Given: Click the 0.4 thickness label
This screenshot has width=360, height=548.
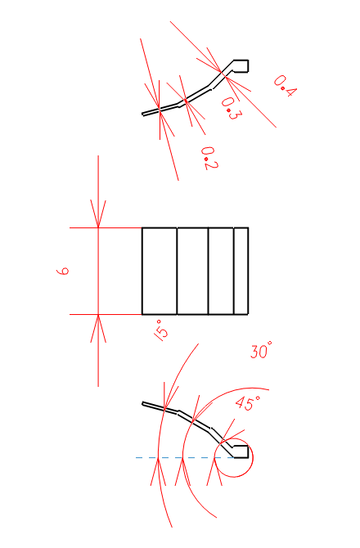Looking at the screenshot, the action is tap(285, 86).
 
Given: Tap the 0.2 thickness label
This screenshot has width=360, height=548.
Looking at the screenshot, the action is tap(209, 159).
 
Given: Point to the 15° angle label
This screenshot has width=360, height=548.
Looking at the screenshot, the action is tap(161, 330).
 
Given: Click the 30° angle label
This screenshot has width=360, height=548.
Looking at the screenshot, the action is tap(261, 350).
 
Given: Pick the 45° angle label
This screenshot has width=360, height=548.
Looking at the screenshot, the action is tap(248, 403).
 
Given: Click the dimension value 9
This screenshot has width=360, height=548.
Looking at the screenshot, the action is tap(63, 272).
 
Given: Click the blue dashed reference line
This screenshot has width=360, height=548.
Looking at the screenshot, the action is tap(185, 457).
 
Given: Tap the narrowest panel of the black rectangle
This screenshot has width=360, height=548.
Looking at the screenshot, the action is tap(241, 272).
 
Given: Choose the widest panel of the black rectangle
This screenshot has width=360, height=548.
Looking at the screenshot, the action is tap(160, 272).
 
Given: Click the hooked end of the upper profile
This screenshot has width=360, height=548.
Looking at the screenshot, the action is tap(241, 66).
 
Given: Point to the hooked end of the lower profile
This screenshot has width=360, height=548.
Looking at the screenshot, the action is tap(241, 451).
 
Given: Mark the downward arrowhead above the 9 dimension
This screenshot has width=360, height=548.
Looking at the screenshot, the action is tap(98, 214).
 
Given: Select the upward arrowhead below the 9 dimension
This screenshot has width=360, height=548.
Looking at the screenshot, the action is tap(98, 329).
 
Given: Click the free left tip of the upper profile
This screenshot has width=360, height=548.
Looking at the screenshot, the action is tap(142, 114).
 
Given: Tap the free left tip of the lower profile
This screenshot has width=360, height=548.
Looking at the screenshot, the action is tap(142, 404).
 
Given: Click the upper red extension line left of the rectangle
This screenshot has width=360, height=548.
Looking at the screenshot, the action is tap(106, 228).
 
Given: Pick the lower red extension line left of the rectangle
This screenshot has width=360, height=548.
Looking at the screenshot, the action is tap(106, 315).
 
